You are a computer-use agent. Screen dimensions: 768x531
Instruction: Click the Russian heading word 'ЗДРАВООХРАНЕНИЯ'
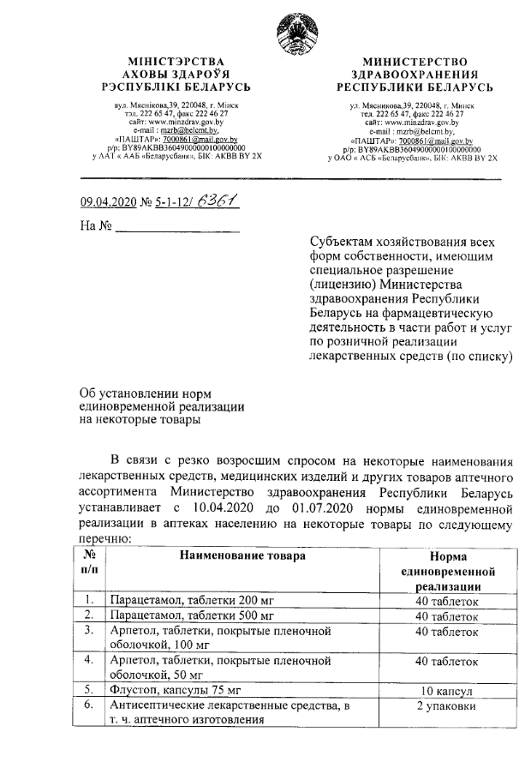419,75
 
